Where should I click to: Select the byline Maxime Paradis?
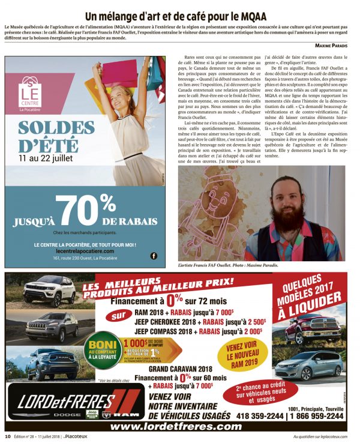click(334, 46)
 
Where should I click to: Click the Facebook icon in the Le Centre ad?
click(154, 256)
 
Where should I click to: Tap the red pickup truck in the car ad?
click(313, 328)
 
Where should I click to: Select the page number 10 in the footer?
click(8, 436)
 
